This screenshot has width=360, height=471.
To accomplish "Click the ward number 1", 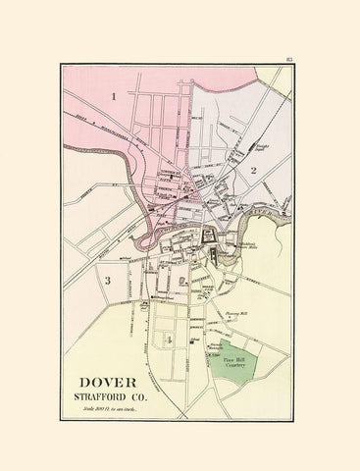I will (x=115, y=96).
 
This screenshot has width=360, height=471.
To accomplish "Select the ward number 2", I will (x=252, y=171).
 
